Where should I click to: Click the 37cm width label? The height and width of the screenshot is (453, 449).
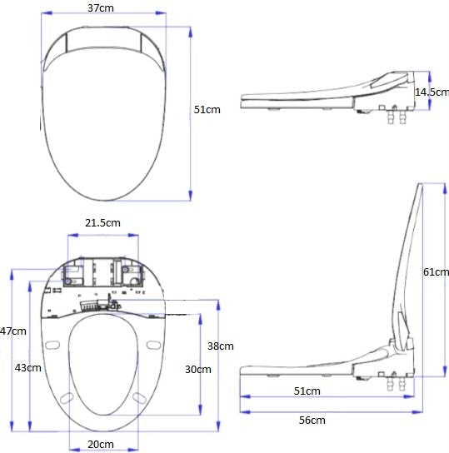[101, 7]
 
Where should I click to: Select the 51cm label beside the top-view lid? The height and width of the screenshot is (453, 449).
[207, 110]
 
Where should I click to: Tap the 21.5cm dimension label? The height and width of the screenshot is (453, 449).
[102, 223]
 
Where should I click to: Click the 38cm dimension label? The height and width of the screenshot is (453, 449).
[220, 346]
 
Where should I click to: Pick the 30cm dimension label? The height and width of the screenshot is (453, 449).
[197, 370]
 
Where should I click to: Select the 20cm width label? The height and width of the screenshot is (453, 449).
[101, 445]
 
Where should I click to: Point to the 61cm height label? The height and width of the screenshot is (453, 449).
[436, 272]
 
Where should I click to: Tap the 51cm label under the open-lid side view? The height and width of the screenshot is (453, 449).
[307, 391]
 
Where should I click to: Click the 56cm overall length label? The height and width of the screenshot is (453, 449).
[312, 421]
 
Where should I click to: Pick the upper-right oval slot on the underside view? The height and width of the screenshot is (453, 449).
[153, 345]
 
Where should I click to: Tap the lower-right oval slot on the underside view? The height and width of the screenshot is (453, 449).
[138, 399]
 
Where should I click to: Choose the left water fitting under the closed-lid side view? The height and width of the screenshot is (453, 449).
[391, 120]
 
